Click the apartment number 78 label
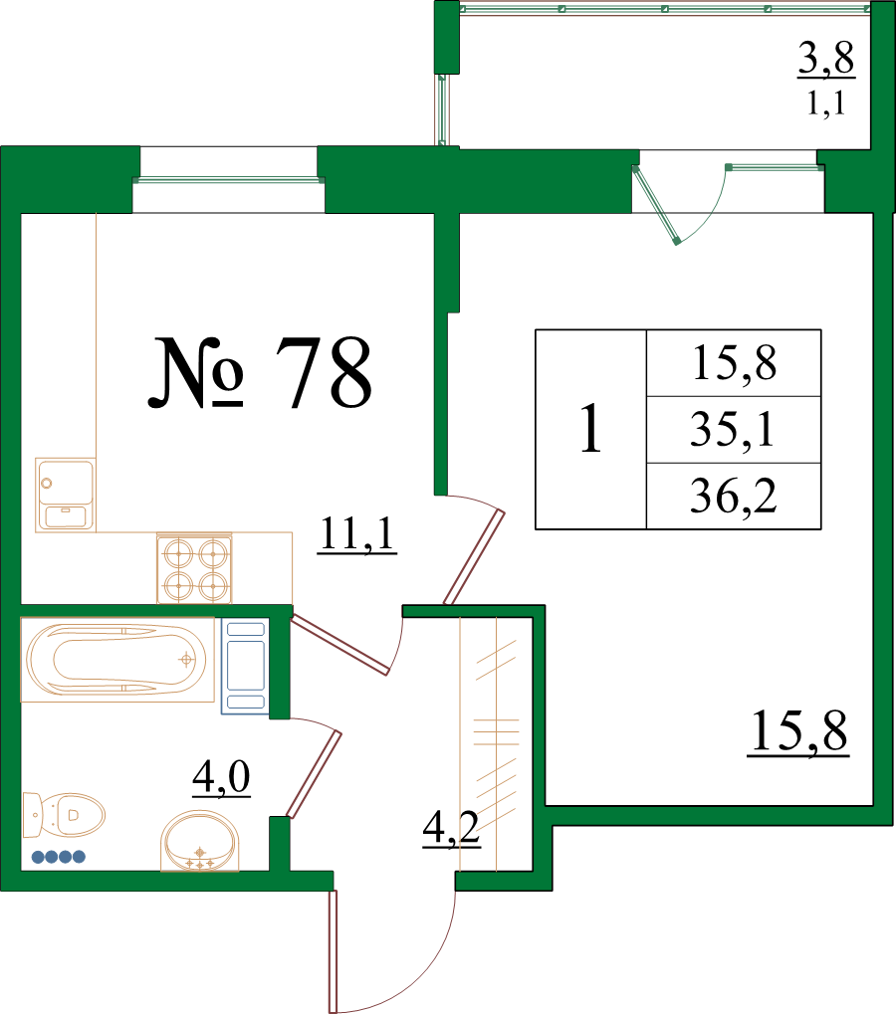260,373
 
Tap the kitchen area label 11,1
357,534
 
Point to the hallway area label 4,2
452,828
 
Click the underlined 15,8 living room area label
798,731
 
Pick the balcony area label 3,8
826,58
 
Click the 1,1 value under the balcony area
826,103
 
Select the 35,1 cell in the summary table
733,430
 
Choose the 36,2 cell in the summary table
733,496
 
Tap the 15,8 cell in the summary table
735,363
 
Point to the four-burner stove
194,568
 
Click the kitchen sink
66,495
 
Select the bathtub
117,660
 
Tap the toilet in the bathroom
64,815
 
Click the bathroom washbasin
199,841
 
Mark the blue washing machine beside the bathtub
245,666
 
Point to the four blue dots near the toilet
58,857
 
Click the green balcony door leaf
656,204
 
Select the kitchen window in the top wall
228,180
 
